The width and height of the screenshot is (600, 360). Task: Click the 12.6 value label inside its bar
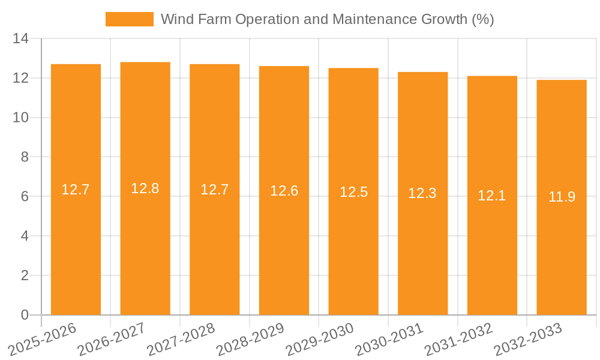click(284, 191)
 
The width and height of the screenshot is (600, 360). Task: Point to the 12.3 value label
click(422, 193)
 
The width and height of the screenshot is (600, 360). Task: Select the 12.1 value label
click(492, 195)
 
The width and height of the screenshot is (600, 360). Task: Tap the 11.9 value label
click(562, 197)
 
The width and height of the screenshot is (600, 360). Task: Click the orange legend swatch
click(129, 19)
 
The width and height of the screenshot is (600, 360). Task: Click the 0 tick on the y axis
click(25, 315)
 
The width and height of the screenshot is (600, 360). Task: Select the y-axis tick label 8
click(25, 157)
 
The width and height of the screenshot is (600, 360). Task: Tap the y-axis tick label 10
click(21, 118)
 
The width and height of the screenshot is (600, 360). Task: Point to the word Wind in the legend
click(176, 19)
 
